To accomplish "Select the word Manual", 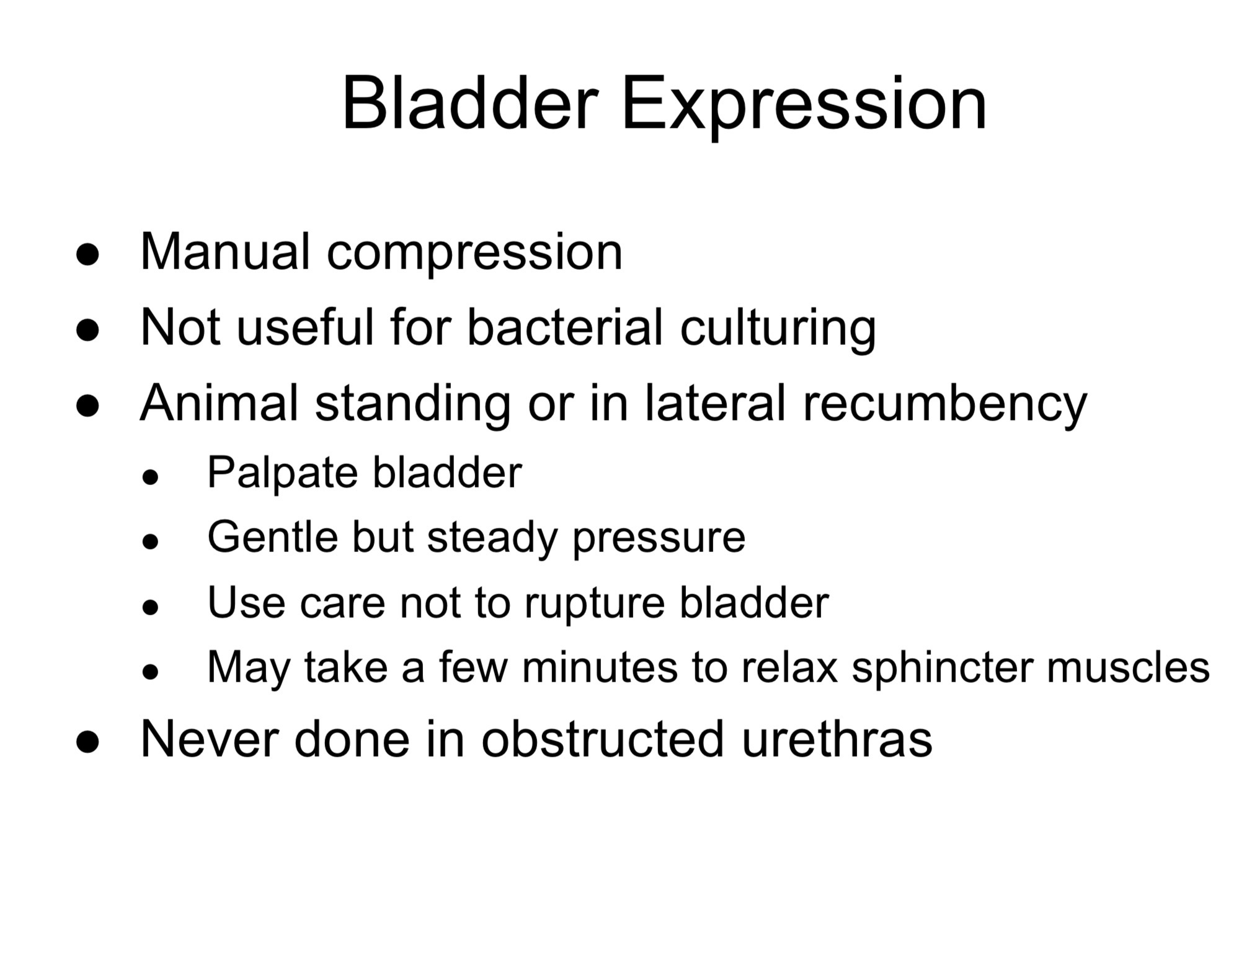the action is click(224, 252).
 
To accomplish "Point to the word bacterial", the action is click(565, 326).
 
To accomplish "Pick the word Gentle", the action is click(273, 536).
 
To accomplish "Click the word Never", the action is click(209, 739).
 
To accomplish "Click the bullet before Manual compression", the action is click(87, 254).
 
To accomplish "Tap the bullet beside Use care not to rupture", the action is click(150, 607).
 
